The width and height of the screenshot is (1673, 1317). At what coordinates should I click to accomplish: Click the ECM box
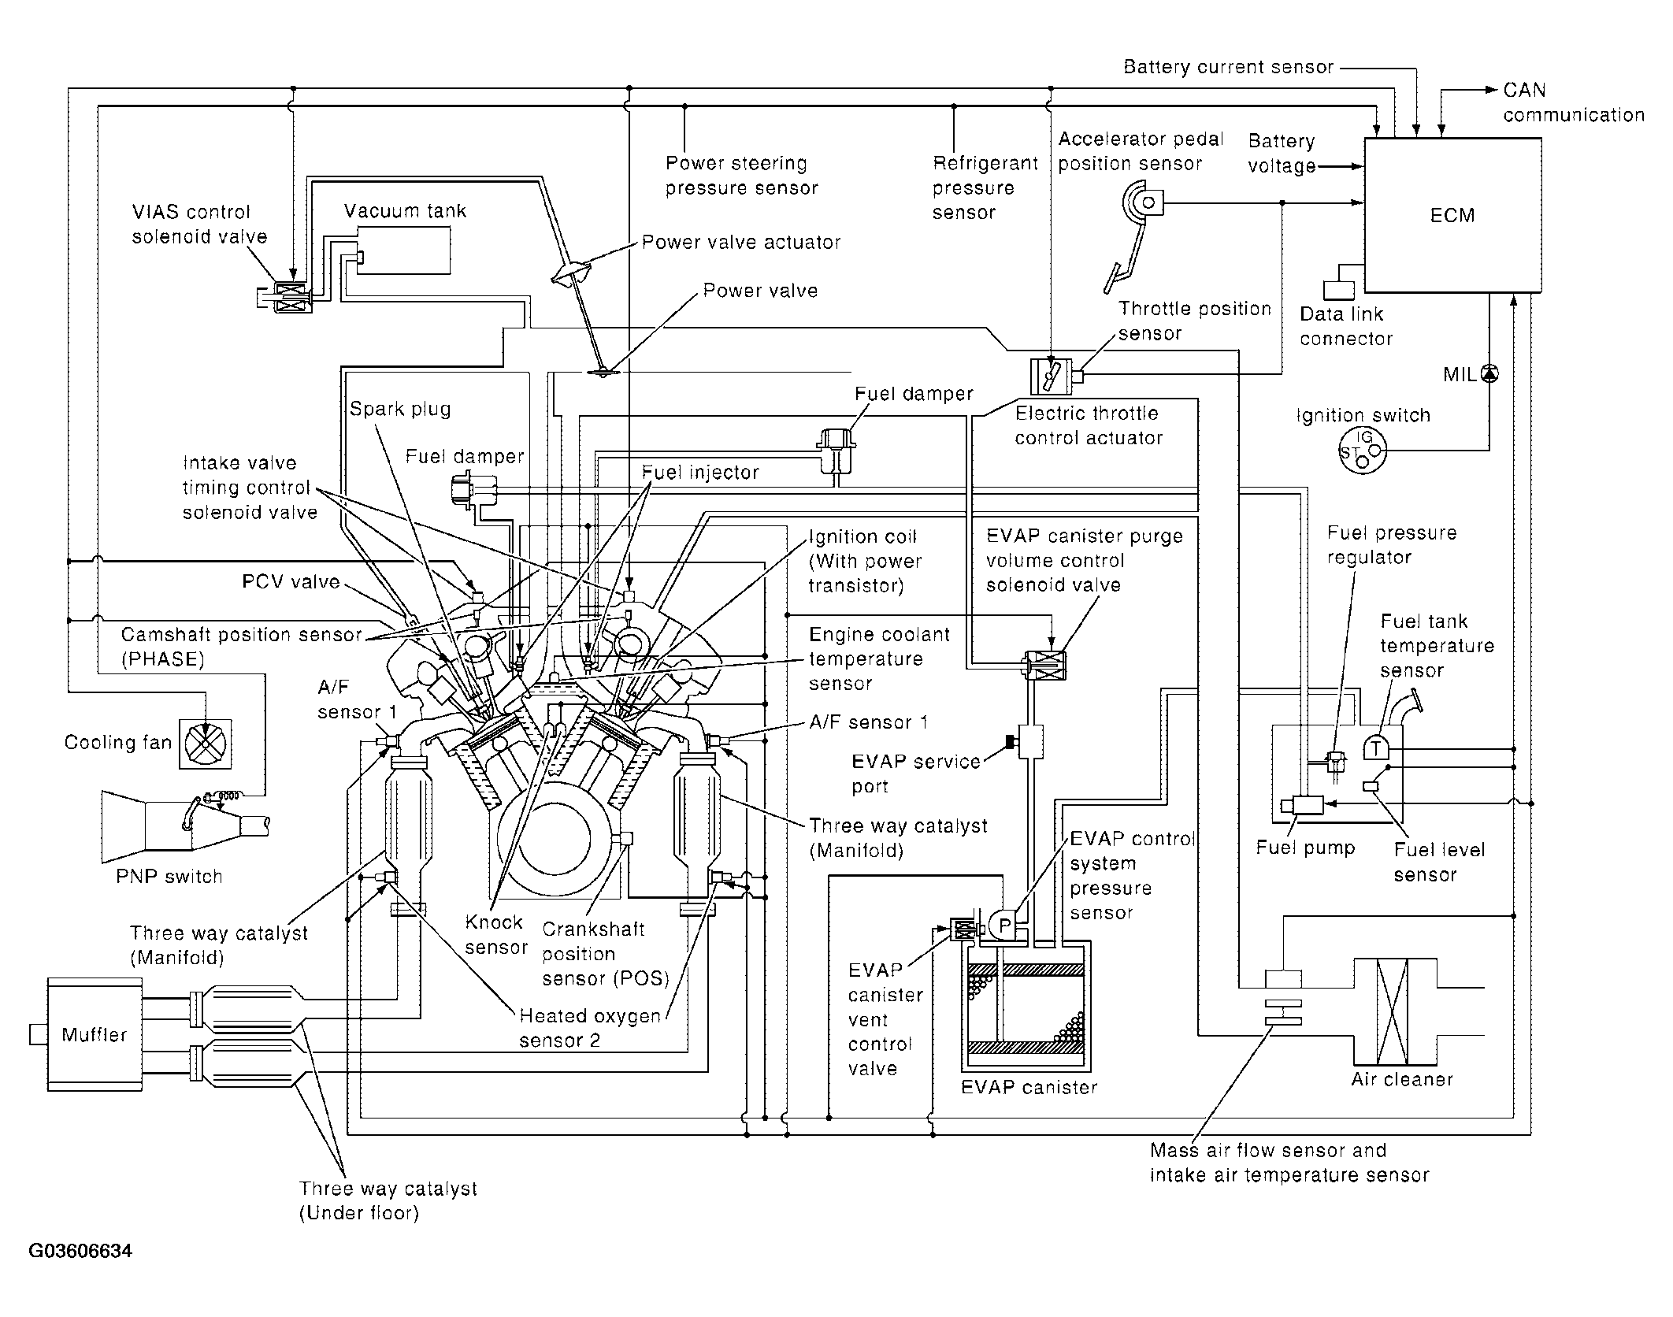pos(1452,215)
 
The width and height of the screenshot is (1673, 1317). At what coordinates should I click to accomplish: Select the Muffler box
pos(95,1034)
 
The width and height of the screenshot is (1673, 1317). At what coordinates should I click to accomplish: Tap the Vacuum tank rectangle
pos(404,250)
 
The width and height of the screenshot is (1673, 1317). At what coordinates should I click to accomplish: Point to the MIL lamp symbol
pos(1489,374)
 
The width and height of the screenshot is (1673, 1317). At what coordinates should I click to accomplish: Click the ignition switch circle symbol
pos(1363,451)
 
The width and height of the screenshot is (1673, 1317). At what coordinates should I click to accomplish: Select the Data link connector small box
pos(1338,290)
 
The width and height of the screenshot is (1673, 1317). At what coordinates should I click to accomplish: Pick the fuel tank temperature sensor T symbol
pos(1376,747)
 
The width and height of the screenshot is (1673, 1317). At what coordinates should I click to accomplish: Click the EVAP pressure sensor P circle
pos(1003,925)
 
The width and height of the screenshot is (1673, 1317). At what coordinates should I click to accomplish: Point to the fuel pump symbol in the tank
pos(1303,805)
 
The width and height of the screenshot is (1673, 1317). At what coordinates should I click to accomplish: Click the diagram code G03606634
pos(80,1251)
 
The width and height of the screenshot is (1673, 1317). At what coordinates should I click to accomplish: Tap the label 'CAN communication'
pos(1573,102)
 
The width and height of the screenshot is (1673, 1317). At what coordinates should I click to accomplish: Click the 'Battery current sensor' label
pos(1228,67)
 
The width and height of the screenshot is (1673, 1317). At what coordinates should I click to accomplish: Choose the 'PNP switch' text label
pos(169,877)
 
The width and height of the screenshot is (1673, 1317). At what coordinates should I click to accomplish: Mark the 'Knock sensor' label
pos(495,934)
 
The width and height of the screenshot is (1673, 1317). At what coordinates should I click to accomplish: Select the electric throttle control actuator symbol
pos(1051,376)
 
